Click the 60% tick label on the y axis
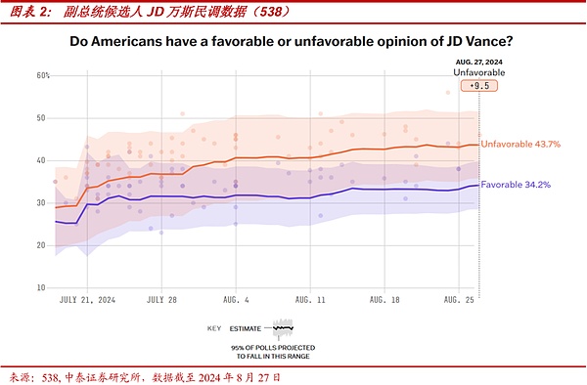(44, 75)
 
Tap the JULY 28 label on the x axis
(161, 301)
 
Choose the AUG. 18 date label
(384, 301)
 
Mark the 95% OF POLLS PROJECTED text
(272, 348)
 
